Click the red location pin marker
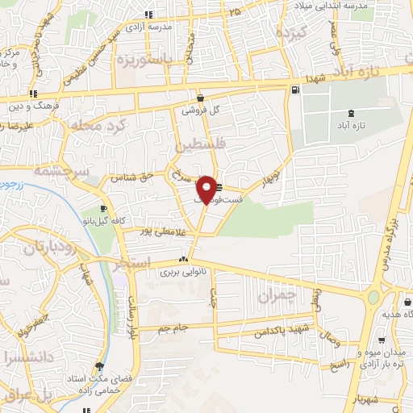207,190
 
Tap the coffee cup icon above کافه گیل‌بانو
103,209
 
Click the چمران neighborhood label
278,296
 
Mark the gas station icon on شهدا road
297,90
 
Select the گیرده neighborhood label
291,33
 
